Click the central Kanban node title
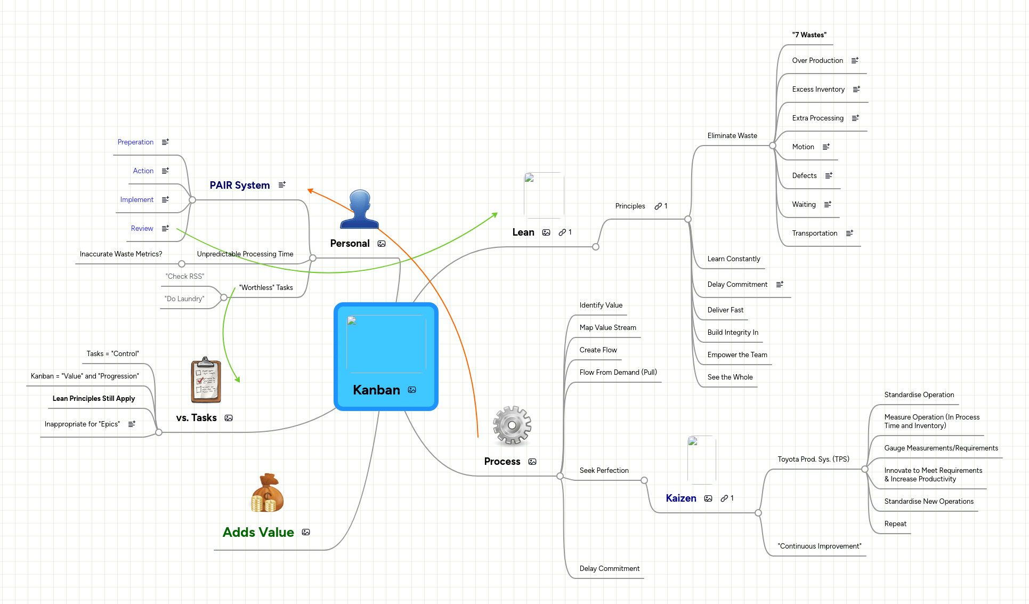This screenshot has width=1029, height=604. pyautogui.click(x=376, y=390)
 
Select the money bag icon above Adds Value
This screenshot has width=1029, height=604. pyautogui.click(x=267, y=493)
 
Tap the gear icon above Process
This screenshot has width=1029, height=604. pyautogui.click(x=512, y=425)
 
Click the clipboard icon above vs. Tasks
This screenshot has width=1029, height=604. pyautogui.click(x=206, y=380)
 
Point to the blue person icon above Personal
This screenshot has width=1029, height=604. pyautogui.click(x=360, y=209)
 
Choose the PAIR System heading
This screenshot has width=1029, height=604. pyautogui.click(x=239, y=185)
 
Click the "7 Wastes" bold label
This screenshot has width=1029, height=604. pyautogui.click(x=809, y=35)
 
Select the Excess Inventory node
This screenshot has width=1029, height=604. pyautogui.click(x=818, y=89)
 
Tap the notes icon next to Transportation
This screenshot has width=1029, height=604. pyautogui.click(x=849, y=233)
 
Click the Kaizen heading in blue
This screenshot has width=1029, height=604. pyautogui.click(x=680, y=498)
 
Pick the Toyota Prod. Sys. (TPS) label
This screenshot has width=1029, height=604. pyautogui.click(x=813, y=459)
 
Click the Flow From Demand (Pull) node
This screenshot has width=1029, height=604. pyautogui.click(x=618, y=372)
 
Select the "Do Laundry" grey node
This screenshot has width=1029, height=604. pyautogui.click(x=184, y=299)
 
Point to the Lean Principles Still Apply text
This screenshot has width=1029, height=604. pyautogui.click(x=93, y=398)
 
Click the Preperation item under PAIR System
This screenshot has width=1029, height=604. pyautogui.click(x=135, y=142)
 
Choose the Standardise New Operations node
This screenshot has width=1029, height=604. pyautogui.click(x=928, y=501)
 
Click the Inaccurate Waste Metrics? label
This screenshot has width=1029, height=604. pyautogui.click(x=120, y=254)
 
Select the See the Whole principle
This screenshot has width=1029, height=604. pyautogui.click(x=730, y=377)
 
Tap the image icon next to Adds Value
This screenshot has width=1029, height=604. pyautogui.click(x=306, y=532)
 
